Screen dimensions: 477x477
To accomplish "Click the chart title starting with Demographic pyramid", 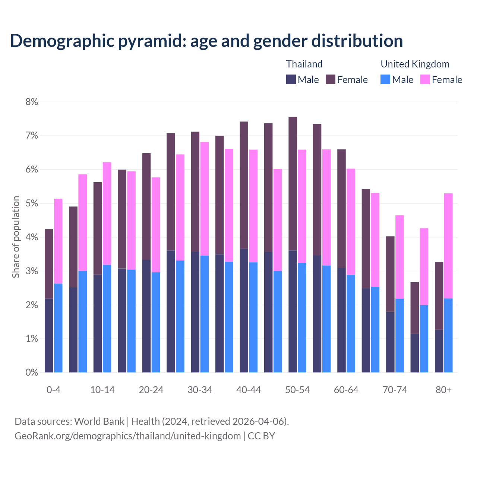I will click(x=206, y=41).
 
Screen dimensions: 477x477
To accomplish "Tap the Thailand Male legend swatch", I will click(x=291, y=79).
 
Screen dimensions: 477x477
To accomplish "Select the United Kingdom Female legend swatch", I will click(x=425, y=79).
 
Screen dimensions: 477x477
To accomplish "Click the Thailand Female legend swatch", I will click(x=331, y=79).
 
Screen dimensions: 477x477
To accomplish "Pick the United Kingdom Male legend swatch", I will click(x=385, y=79).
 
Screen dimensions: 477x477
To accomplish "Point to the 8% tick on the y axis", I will click(x=32, y=102).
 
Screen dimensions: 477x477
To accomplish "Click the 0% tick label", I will click(x=32, y=372).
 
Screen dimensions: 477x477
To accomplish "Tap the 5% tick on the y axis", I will click(x=32, y=203).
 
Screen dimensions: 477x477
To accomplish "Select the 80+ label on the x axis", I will click(x=443, y=390).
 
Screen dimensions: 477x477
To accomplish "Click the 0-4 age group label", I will click(x=53, y=390).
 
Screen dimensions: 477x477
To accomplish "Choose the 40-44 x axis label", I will click(x=249, y=390).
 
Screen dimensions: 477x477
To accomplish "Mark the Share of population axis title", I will click(x=16, y=237).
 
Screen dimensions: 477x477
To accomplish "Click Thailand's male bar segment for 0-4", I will click(x=49, y=335).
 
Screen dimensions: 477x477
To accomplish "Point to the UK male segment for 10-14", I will click(x=107, y=319).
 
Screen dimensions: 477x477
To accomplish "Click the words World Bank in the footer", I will click(x=99, y=421).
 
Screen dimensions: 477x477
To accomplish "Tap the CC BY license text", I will click(x=261, y=436).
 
